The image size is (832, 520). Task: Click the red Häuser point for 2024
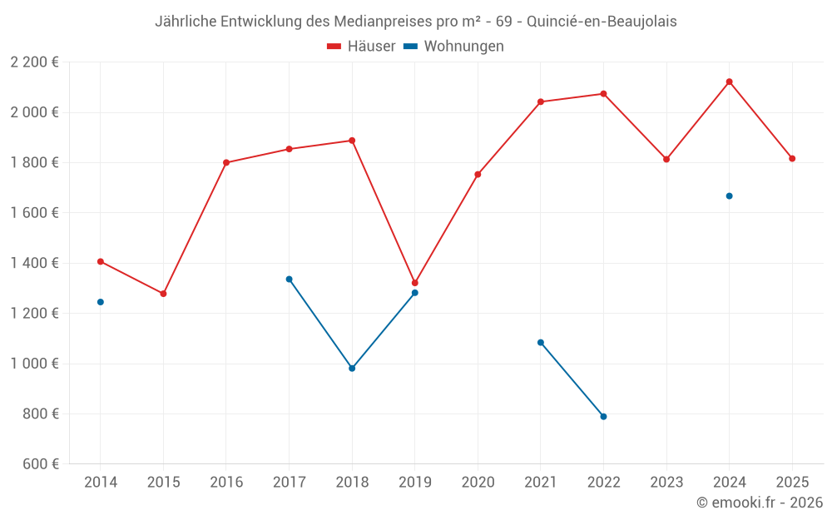pyautogui.click(x=729, y=82)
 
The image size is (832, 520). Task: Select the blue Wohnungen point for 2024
pyautogui.click(x=729, y=196)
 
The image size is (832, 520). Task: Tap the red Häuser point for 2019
pyautogui.click(x=414, y=283)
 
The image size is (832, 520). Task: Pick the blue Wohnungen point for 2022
pyautogui.click(x=603, y=416)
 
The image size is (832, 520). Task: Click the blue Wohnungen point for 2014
pyautogui.click(x=101, y=302)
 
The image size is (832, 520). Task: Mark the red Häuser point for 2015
pyautogui.click(x=163, y=294)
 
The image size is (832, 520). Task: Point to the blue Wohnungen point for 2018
pyautogui.click(x=352, y=368)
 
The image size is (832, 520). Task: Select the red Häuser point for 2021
pyautogui.click(x=541, y=102)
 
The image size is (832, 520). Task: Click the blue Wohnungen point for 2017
pyautogui.click(x=289, y=279)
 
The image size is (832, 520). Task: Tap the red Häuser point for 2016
pyautogui.click(x=226, y=162)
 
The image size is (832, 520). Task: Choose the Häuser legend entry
pyautogui.click(x=361, y=47)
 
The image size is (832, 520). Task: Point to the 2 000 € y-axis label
pyautogui.click(x=34, y=112)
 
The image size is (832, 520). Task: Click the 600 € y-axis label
pyautogui.click(x=40, y=464)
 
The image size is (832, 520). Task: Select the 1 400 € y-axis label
pyautogui.click(x=34, y=263)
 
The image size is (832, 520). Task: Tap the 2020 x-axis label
pyautogui.click(x=478, y=483)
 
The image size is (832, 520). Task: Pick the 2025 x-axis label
pyautogui.click(x=792, y=483)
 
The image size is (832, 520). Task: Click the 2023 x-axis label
pyautogui.click(x=666, y=483)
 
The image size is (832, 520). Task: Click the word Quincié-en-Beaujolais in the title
pyautogui.click(x=602, y=22)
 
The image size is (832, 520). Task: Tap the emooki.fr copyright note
pyautogui.click(x=759, y=503)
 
